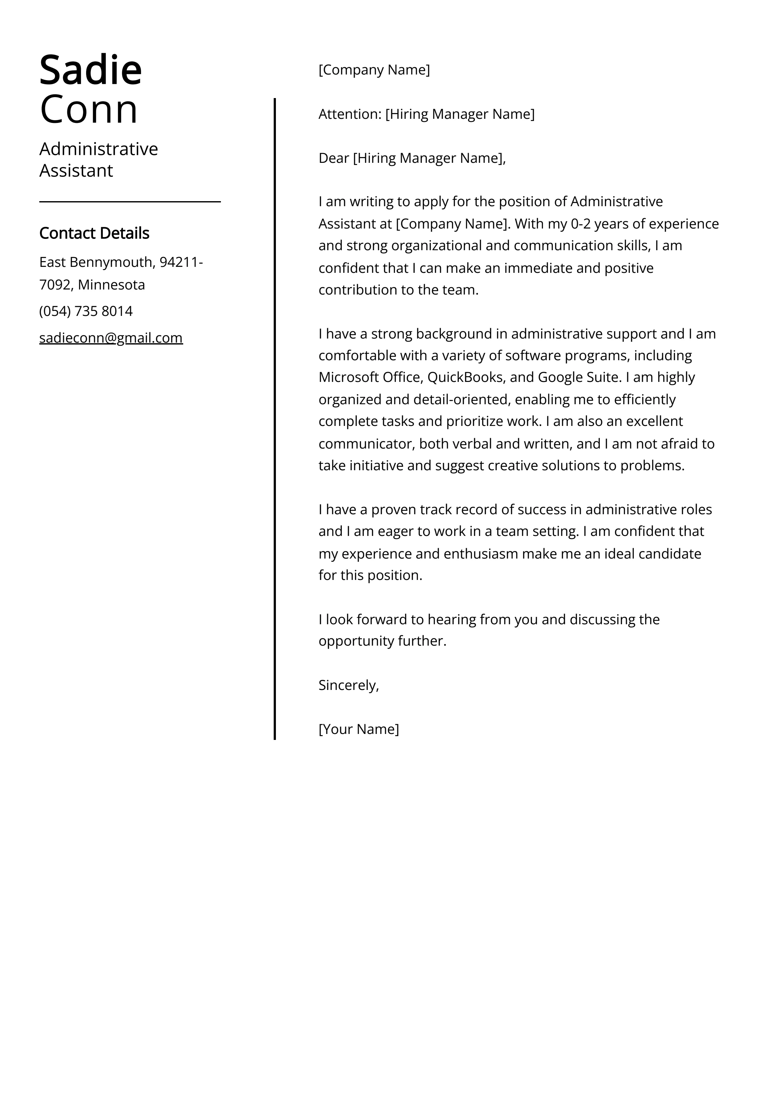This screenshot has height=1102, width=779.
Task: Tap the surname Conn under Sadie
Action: [x=89, y=109]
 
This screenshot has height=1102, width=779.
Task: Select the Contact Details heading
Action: [x=94, y=233]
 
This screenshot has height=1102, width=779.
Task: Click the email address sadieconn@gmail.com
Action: [x=111, y=338]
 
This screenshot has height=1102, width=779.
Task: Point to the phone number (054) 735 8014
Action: [x=86, y=311]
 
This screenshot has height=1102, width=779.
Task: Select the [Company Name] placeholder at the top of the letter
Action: [x=374, y=70]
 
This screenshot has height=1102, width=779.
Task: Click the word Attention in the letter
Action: [x=349, y=114]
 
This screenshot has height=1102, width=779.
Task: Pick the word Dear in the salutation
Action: [x=334, y=158]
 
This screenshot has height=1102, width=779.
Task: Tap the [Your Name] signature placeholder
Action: [x=359, y=730]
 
